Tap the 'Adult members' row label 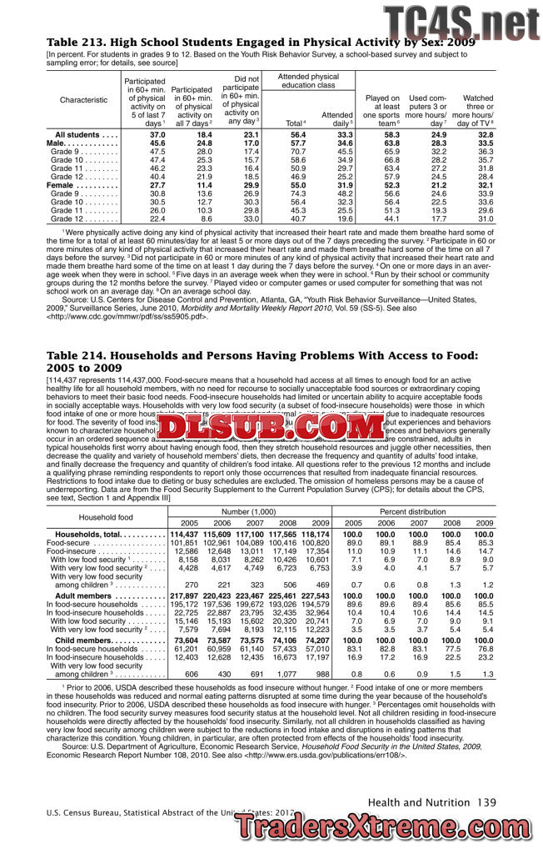(x=88, y=597)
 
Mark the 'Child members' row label (x=87, y=639)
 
